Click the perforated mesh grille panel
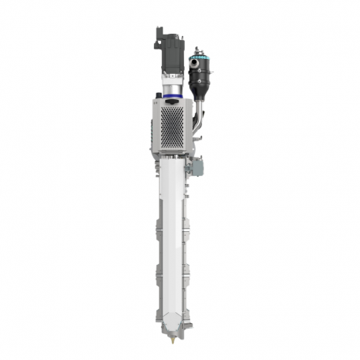coord(174,124)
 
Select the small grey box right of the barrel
coord(198,166)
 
